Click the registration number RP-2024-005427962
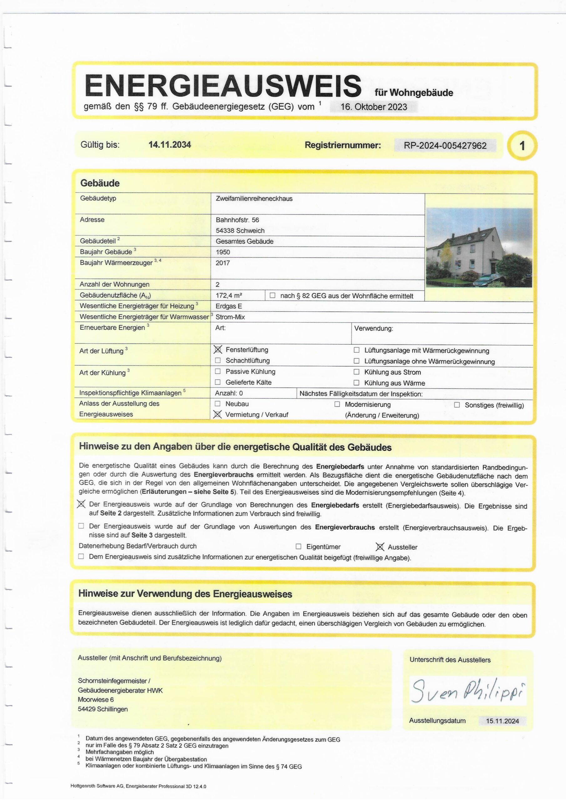coord(445,145)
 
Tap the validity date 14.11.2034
coord(169,145)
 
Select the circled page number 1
coord(522,146)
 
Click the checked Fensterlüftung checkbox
coord(218,349)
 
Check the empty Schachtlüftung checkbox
coord(218,360)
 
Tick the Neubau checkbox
coord(218,403)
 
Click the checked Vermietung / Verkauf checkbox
coord(218,414)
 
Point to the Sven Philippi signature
coord(467,690)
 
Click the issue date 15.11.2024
coord(502,721)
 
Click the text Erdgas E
coord(229,306)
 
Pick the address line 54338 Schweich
coord(240,230)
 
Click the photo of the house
coord(479,247)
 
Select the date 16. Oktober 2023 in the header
coord(373,107)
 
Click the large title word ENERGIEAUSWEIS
coord(223,86)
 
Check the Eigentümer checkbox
coord(299,546)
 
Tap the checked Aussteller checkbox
coord(380,547)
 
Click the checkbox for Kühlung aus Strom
coord(356,372)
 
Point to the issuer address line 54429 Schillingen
coord(103,709)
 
